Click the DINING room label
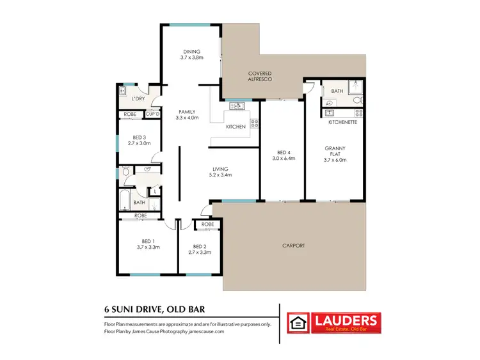click(x=191, y=52)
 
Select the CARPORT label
click(x=293, y=245)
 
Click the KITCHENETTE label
click(x=340, y=121)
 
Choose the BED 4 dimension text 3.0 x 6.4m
click(x=283, y=158)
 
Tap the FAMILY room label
click(x=187, y=111)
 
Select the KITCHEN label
click(x=236, y=127)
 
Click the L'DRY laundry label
click(x=137, y=100)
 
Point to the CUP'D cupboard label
click(x=152, y=114)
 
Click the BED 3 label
click(x=140, y=137)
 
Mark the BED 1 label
click(x=147, y=241)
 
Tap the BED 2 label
click(x=200, y=246)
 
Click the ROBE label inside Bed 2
click(x=207, y=224)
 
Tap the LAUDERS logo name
click(x=344, y=319)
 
